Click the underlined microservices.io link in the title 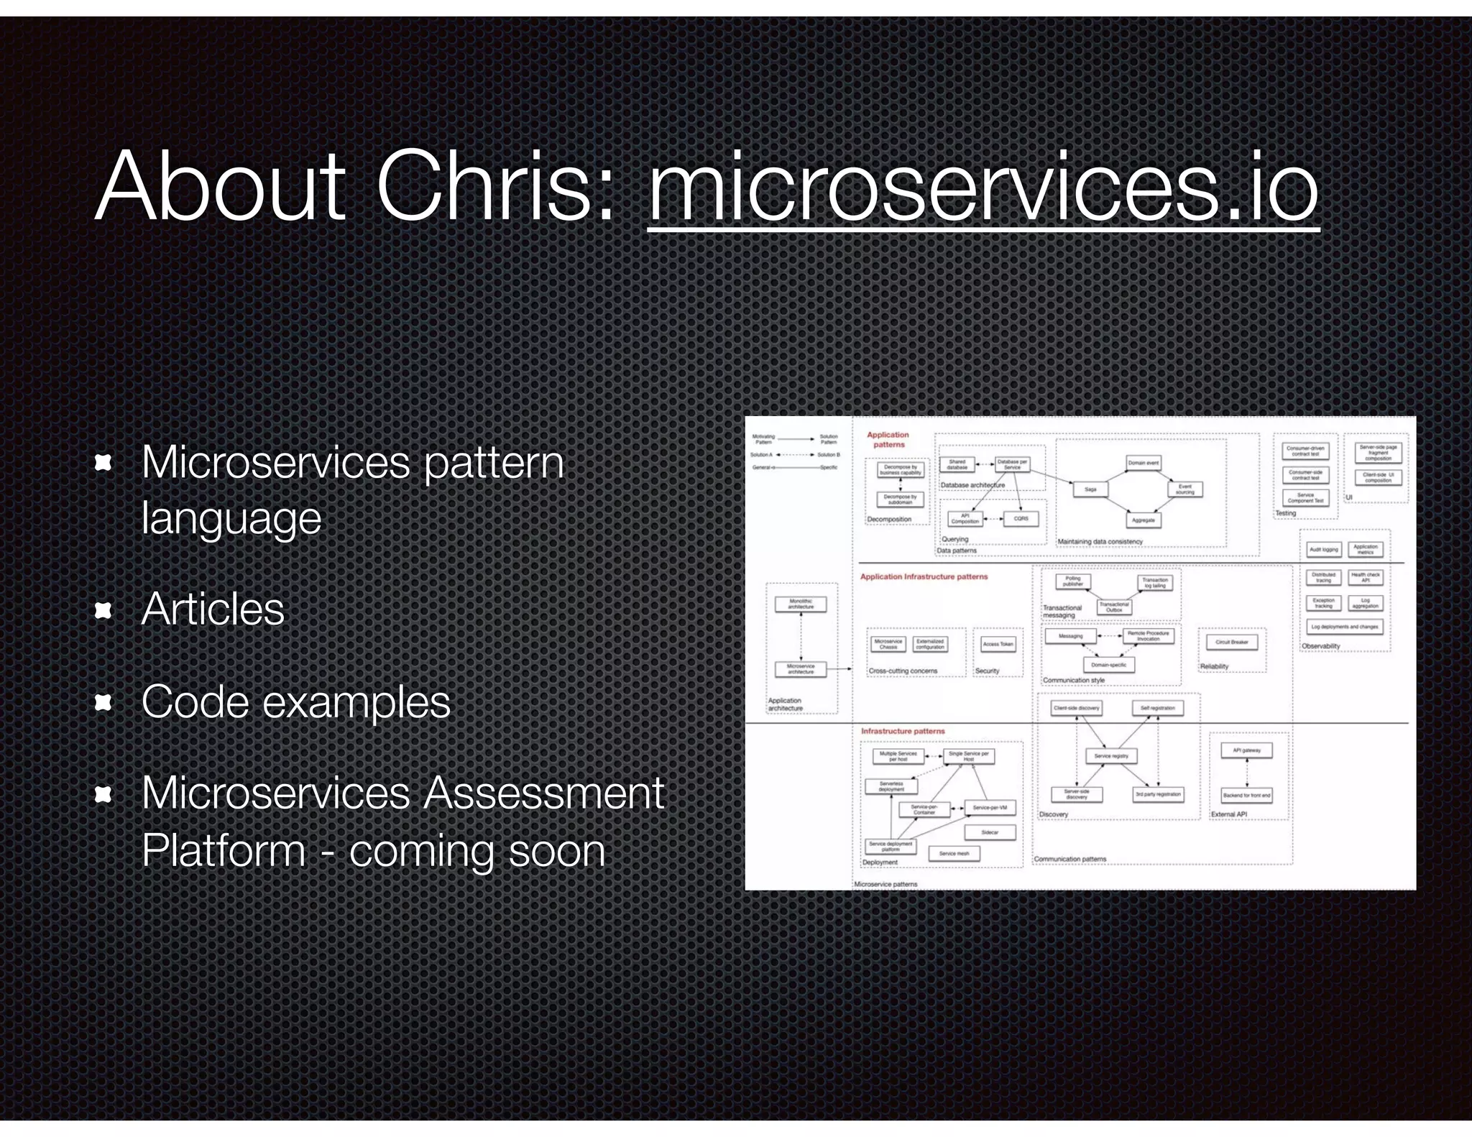[983, 188]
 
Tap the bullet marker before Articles [103, 610]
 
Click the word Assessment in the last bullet [543, 793]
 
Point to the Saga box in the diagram [1090, 489]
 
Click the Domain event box [1143, 463]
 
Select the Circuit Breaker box [1231, 642]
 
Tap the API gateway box [1247, 750]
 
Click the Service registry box [1111, 756]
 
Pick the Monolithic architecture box [801, 604]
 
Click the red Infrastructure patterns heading [903, 731]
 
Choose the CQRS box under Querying [1021, 518]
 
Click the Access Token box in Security [998, 644]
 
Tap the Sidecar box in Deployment [990, 832]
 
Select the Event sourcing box [1185, 489]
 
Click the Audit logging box [1323, 550]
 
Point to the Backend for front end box [1247, 796]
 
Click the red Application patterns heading [888, 439]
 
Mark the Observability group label [1321, 646]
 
